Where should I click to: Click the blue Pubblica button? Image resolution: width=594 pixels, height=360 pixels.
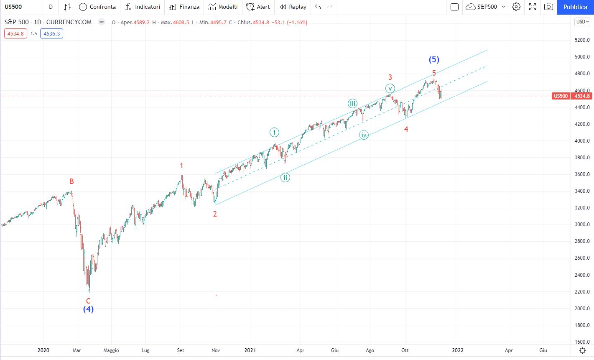[x=575, y=7]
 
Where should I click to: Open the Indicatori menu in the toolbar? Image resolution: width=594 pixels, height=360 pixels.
[x=143, y=7]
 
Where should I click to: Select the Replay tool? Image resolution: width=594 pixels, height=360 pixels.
[x=293, y=7]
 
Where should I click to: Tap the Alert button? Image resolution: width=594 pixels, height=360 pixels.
[x=258, y=7]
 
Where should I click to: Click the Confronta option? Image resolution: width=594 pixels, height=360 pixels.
[x=97, y=7]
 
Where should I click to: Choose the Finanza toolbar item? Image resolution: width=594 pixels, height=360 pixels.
[x=184, y=7]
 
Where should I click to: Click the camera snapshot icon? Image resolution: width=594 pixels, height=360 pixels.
[x=548, y=7]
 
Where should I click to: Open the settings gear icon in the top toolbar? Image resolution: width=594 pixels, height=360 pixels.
[x=516, y=7]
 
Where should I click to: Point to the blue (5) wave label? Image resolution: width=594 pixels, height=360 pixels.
[x=434, y=60]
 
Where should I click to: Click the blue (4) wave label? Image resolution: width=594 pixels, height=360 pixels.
[x=88, y=309]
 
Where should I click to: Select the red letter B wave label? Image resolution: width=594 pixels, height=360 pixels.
[x=71, y=181]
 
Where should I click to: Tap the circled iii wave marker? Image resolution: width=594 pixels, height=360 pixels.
[x=352, y=104]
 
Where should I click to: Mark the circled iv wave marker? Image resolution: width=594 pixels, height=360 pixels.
[x=364, y=135]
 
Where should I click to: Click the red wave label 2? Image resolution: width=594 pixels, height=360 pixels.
[x=215, y=214]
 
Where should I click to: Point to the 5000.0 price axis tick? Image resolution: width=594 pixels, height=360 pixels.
[x=582, y=57]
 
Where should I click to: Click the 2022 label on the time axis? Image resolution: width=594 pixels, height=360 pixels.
[x=458, y=350]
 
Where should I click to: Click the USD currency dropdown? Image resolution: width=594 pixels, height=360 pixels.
[x=582, y=22]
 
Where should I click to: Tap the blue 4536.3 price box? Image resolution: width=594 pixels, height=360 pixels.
[x=51, y=34]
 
